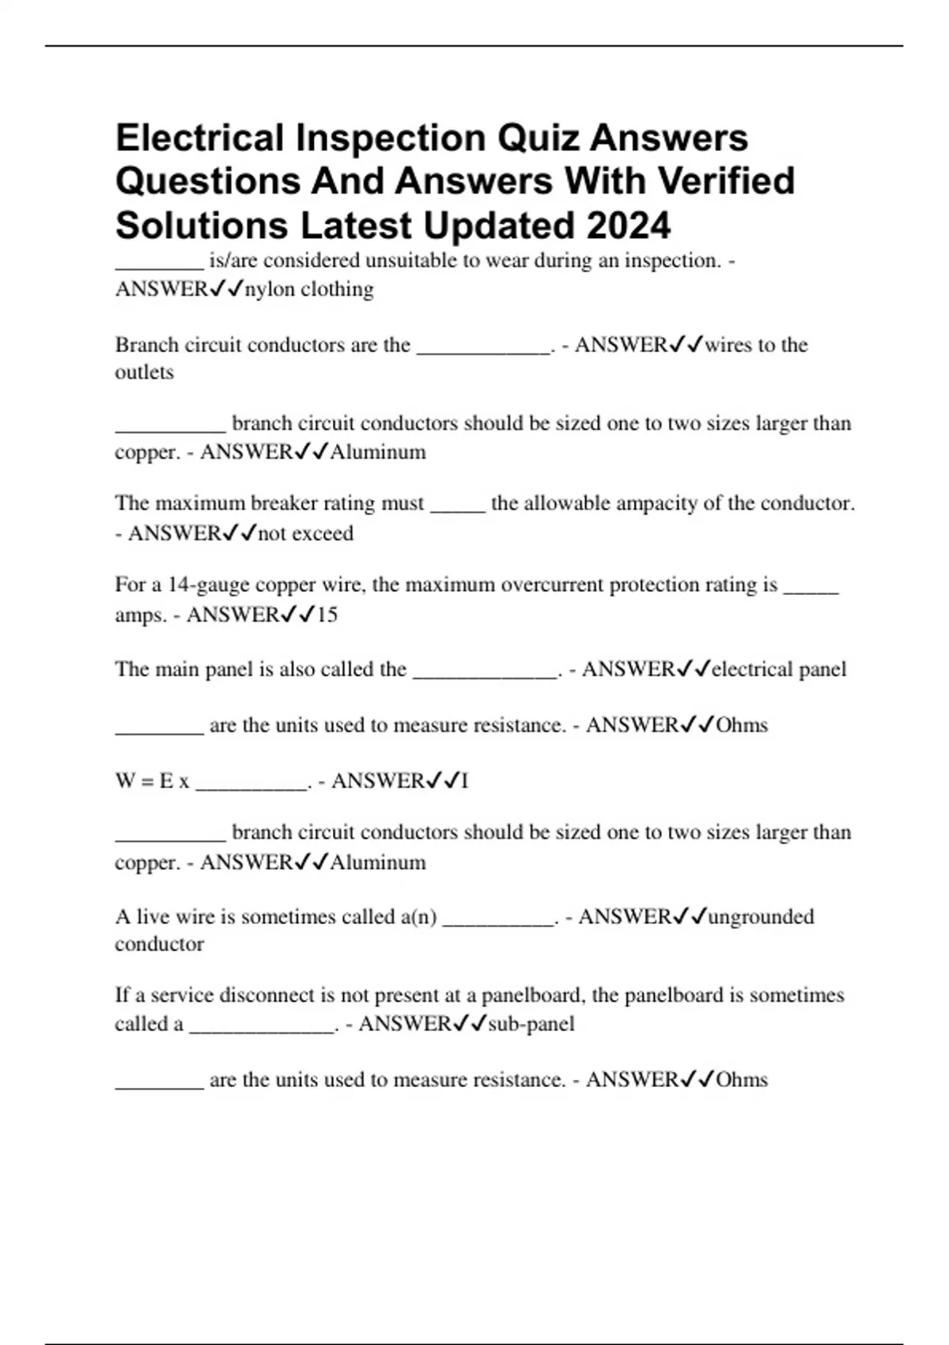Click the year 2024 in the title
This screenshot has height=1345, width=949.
tap(629, 225)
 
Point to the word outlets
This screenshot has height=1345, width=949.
tap(144, 373)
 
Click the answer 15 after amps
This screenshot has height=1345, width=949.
tap(327, 615)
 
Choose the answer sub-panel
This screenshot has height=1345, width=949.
tap(531, 1025)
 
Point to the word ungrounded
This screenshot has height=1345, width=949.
tap(761, 917)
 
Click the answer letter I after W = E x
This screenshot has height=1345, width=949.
tap(465, 782)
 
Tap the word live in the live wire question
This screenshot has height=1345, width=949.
tap(153, 917)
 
